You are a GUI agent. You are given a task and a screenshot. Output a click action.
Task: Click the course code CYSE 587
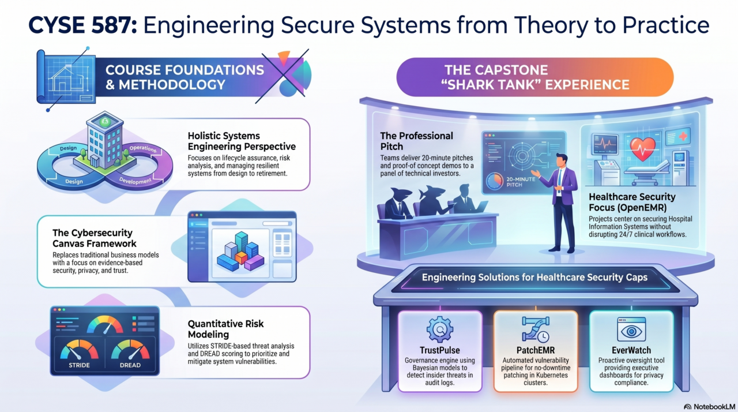pos(82,25)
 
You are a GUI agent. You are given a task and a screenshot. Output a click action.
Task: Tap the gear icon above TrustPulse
pos(440,329)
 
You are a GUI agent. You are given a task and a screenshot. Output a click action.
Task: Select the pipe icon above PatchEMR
pos(536,329)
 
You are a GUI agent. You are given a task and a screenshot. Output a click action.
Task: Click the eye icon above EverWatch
pos(631,329)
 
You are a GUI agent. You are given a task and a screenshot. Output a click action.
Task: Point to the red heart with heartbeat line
pos(642,148)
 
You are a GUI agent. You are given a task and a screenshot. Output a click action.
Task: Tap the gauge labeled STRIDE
pos(79,354)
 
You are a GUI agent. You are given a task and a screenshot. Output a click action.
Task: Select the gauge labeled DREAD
pos(130,354)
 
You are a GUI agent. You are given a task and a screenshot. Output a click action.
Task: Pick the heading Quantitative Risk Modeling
pos(225,329)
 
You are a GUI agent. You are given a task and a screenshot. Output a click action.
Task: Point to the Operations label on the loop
pos(143,149)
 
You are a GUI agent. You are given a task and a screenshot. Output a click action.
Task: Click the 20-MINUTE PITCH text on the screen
pos(521,182)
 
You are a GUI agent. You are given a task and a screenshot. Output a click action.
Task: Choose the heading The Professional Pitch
pos(416,141)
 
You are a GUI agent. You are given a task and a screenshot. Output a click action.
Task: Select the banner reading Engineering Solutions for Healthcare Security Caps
pos(534,278)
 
